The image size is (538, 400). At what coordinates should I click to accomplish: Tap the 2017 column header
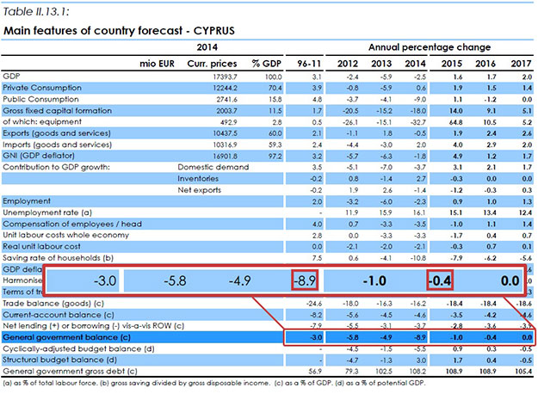(520, 65)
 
